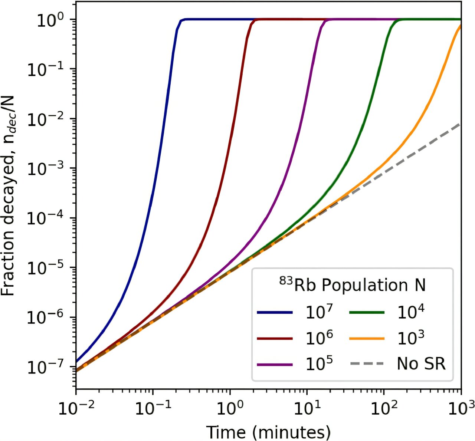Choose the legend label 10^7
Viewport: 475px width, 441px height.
click(x=319, y=313)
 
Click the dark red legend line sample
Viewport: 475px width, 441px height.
click(x=274, y=339)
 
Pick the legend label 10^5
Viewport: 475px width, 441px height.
click(x=319, y=364)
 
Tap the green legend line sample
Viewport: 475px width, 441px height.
click(x=367, y=313)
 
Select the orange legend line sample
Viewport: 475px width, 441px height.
click(x=367, y=339)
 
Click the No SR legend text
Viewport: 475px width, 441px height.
click(x=421, y=364)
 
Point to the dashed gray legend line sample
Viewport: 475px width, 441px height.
click(x=367, y=364)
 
